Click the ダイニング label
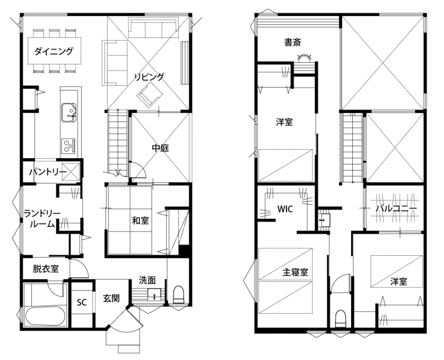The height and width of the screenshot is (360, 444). tap(54, 52)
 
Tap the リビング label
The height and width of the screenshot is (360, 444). tap(149, 77)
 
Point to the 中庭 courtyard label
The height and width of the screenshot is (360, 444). tap(160, 148)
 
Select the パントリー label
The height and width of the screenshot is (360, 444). tap(48, 172)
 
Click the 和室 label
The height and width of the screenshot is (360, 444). tap(140, 220)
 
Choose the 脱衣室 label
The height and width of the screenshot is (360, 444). tap(46, 268)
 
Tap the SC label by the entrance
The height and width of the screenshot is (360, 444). tap(82, 303)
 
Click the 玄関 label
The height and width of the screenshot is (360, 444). tap(111, 298)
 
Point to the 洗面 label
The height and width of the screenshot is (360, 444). tap(147, 280)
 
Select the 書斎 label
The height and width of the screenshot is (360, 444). tap(292, 43)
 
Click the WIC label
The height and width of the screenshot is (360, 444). tap(285, 209)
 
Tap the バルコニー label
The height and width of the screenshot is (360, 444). tap(396, 209)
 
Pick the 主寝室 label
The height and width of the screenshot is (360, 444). tap(295, 272)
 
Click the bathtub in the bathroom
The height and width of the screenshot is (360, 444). tap(45, 316)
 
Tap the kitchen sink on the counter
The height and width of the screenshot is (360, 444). tap(69, 112)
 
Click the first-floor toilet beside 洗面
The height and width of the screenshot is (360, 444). tap(178, 294)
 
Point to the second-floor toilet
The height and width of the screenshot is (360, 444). tap(340, 319)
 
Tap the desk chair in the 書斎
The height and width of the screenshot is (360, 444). tap(305, 58)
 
